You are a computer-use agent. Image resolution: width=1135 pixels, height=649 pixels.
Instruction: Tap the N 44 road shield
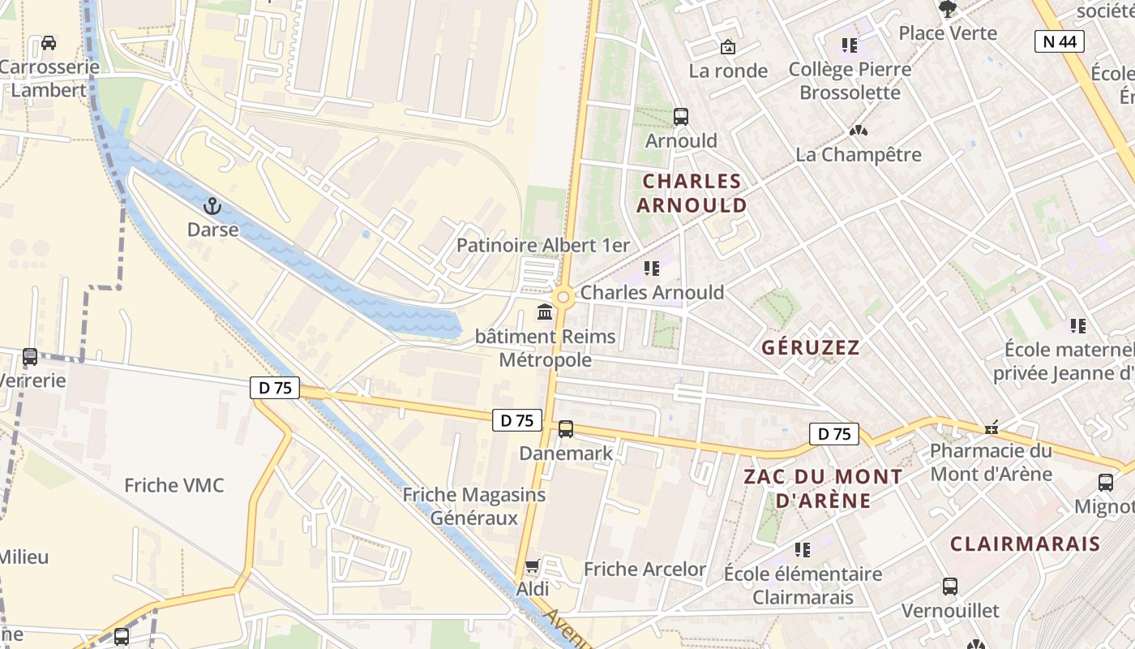(1060, 41)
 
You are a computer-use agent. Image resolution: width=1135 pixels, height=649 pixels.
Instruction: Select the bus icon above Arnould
(681, 117)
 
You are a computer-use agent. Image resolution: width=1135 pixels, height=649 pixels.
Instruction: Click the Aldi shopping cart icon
(533, 565)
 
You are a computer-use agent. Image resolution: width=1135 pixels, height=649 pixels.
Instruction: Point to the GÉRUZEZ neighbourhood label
(810, 347)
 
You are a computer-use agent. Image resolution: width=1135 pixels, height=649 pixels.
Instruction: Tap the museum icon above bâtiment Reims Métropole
(545, 312)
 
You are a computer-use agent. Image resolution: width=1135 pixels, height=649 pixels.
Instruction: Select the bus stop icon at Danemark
(566, 429)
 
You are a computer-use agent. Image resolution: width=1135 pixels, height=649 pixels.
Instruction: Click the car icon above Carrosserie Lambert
(49, 43)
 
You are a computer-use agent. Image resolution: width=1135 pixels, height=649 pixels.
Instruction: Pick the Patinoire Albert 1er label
(542, 245)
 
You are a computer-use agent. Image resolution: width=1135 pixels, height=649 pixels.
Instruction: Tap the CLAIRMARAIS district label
(1025, 544)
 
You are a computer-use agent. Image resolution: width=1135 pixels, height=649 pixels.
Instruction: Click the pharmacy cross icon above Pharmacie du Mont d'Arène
(991, 428)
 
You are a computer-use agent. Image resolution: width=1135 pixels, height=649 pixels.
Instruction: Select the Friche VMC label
(173, 485)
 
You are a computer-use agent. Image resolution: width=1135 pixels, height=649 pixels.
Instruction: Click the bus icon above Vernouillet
(950, 586)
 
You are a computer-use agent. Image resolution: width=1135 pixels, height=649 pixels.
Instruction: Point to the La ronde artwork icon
(728, 47)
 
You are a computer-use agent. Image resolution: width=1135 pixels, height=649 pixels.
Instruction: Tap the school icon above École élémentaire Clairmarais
(803, 550)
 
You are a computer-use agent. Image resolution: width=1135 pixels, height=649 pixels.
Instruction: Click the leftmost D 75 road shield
(276, 388)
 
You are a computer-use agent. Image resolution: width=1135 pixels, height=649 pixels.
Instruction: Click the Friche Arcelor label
(645, 569)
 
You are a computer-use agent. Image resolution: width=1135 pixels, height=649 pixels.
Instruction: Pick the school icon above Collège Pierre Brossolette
(849, 45)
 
